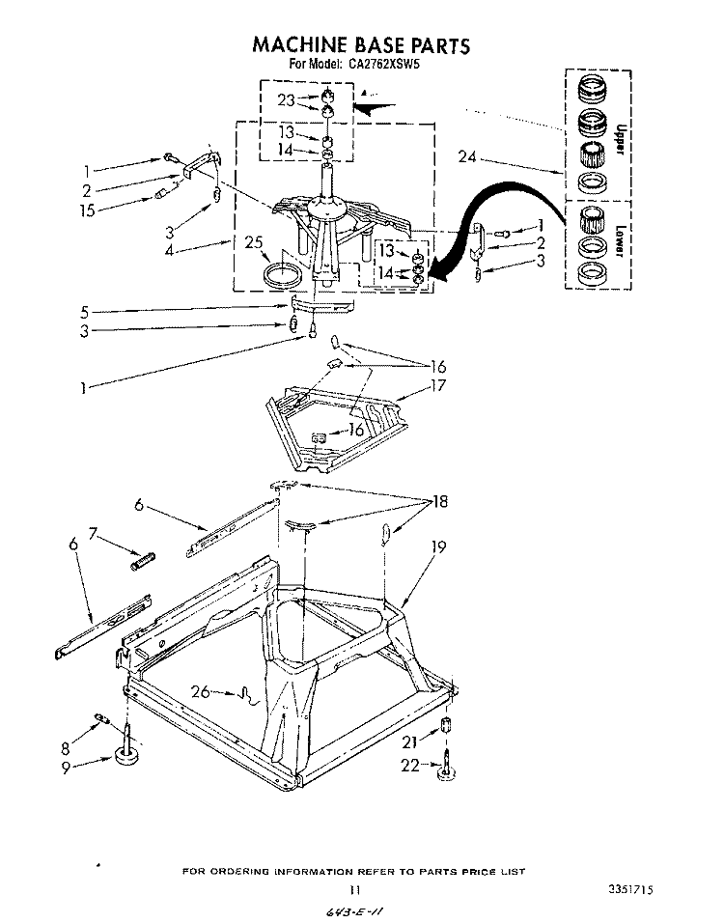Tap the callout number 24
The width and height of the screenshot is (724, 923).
click(467, 156)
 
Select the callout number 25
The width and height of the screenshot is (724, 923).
click(254, 243)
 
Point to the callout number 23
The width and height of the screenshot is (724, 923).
click(286, 99)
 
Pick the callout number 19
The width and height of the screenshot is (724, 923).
click(438, 547)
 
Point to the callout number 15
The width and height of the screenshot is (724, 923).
click(89, 209)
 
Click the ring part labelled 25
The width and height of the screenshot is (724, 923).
click(282, 273)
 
